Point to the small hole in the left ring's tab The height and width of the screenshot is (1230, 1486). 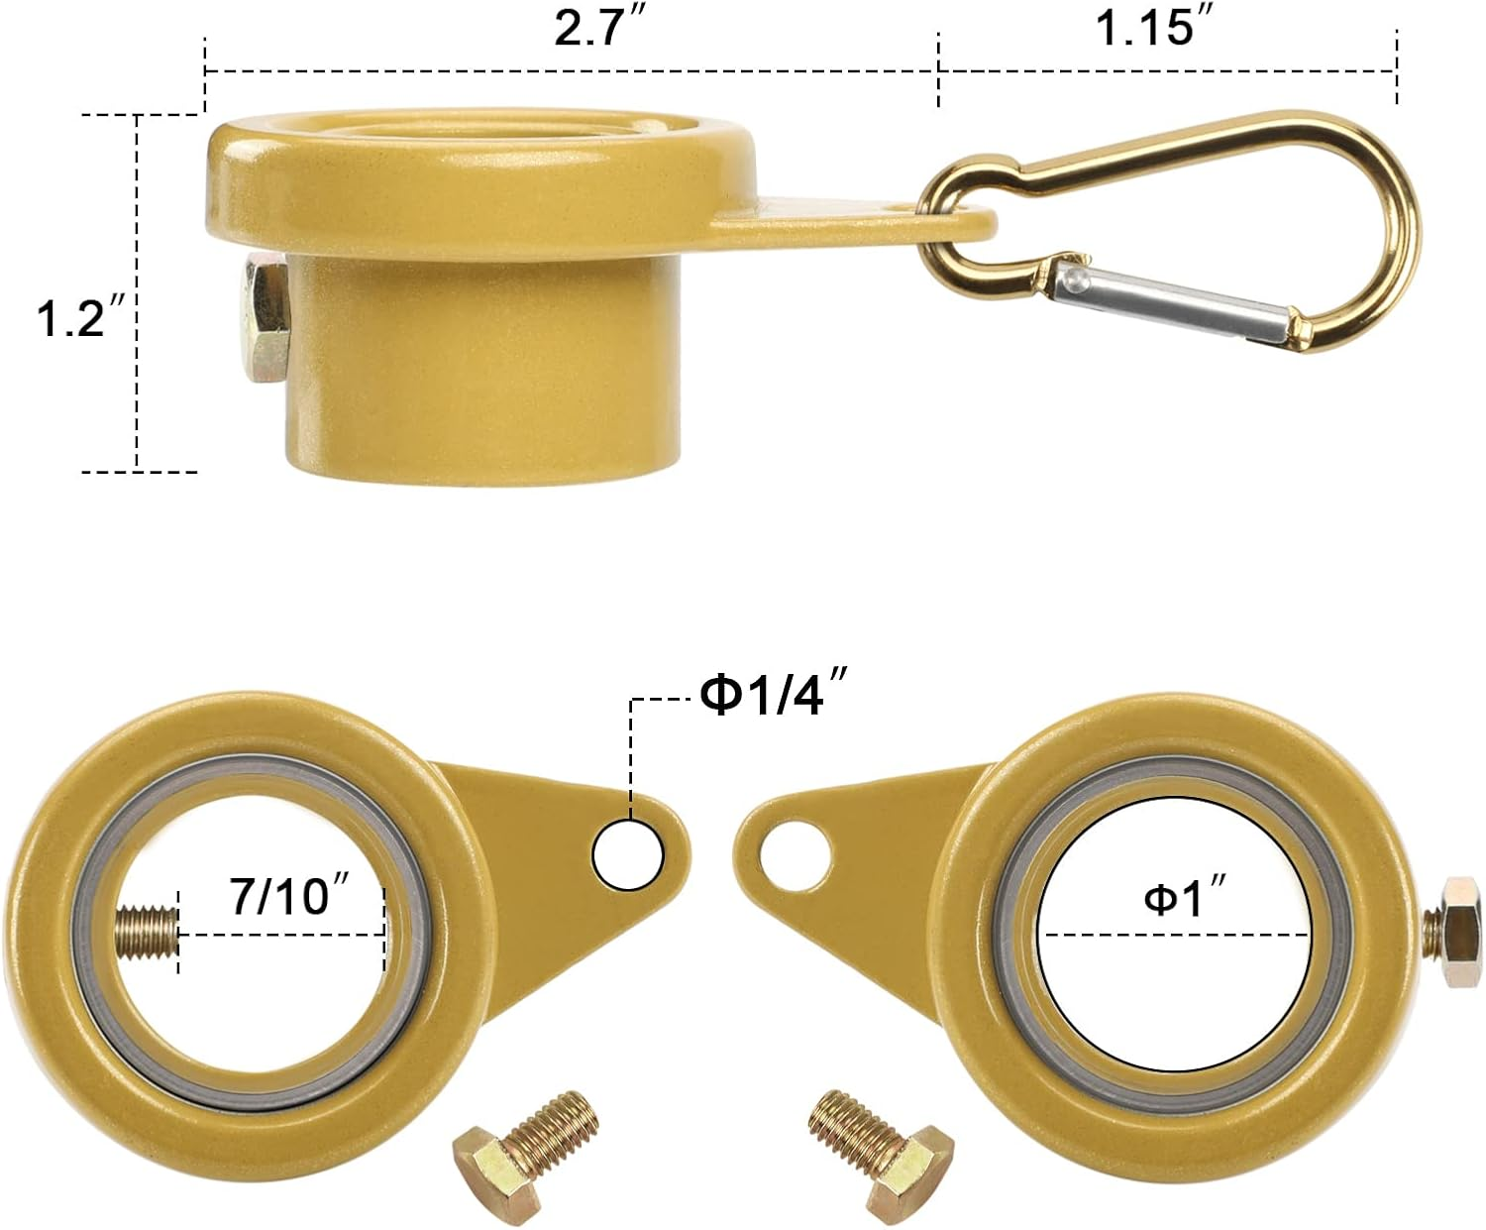click(628, 854)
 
